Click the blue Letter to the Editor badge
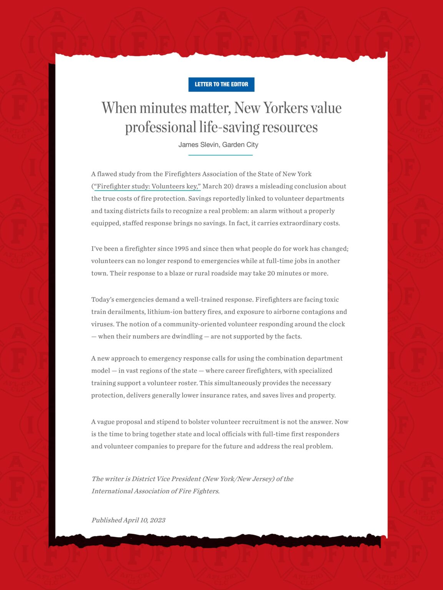[x=221, y=85]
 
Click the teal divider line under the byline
[x=220, y=155]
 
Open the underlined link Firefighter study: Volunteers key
[x=147, y=186]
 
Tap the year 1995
[x=182, y=249]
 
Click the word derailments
[x=126, y=312]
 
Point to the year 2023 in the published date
[x=157, y=520]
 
